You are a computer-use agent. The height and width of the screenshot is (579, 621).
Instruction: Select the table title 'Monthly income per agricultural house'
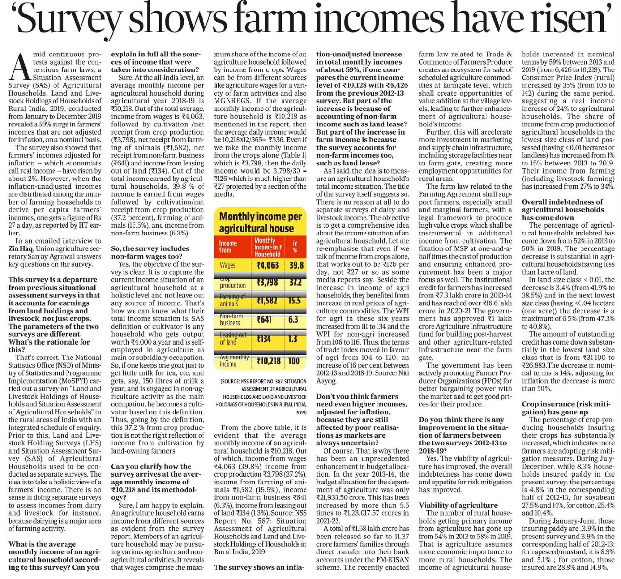(x=260, y=222)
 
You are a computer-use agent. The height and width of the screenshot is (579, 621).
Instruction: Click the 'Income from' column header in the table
(x=228, y=247)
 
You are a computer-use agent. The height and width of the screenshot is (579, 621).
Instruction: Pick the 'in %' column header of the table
(x=295, y=247)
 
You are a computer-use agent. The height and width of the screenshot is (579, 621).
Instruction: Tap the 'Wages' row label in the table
(x=228, y=265)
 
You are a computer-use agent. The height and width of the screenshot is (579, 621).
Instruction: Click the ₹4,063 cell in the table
(x=268, y=265)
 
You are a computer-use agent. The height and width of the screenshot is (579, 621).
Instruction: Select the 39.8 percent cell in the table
(x=296, y=265)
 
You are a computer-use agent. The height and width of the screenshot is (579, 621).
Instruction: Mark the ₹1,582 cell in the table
(x=268, y=301)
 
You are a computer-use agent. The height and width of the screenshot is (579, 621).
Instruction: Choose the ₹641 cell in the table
(x=264, y=319)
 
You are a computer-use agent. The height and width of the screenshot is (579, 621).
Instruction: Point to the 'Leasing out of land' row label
(x=232, y=338)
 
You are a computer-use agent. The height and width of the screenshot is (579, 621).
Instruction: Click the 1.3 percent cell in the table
(x=293, y=339)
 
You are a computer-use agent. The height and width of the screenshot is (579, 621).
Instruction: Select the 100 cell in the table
(x=294, y=361)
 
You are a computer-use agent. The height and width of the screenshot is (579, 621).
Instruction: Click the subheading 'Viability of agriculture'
(x=458, y=505)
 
